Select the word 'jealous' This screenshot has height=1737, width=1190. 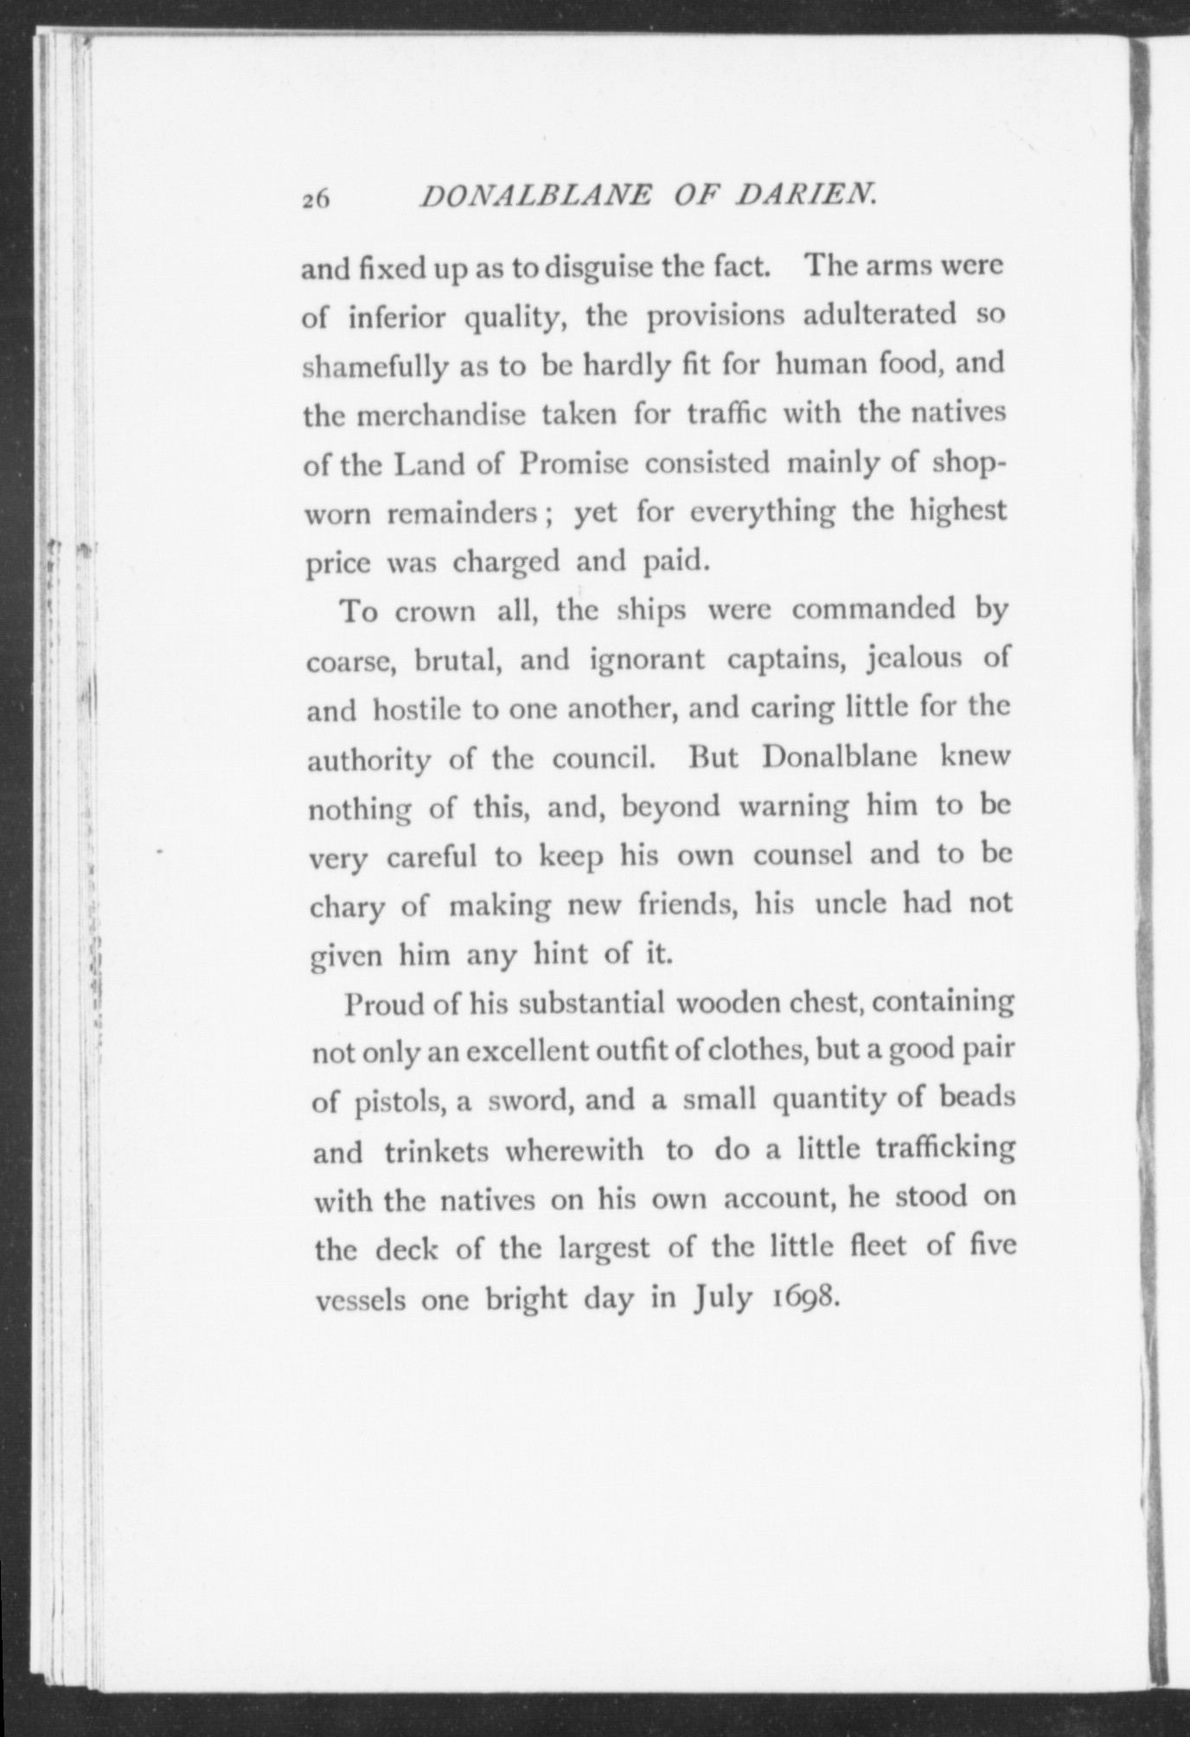[x=905, y=659]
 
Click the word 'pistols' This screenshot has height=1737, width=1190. [x=398, y=1103]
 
